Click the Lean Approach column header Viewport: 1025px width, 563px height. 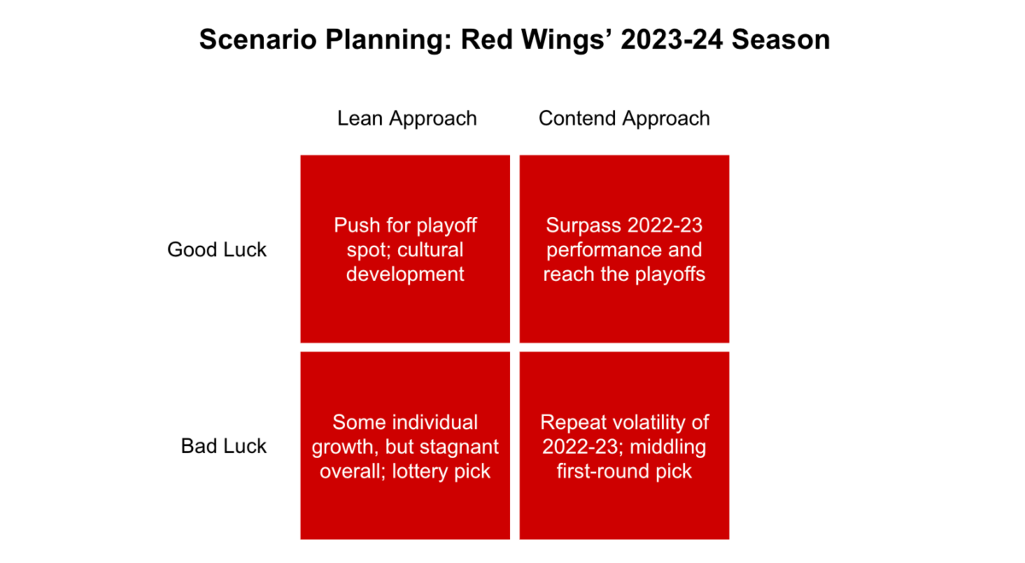[x=407, y=118]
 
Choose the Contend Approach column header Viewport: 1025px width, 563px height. [x=624, y=118]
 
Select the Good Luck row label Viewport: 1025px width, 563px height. [x=217, y=249]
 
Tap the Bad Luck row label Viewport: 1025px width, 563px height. [x=224, y=446]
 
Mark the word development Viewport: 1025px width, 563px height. [x=406, y=274]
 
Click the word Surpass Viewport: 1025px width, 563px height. [x=583, y=226]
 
